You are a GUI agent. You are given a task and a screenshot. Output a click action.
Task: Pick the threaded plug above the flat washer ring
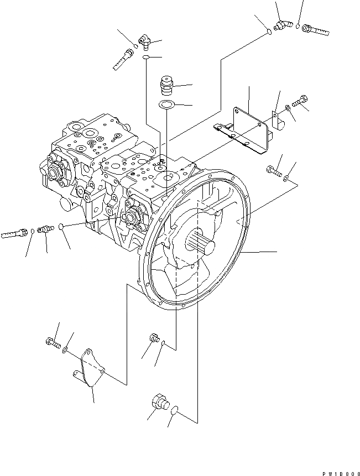[x=165, y=85]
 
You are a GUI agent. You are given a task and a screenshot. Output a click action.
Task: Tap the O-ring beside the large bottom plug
[x=175, y=410]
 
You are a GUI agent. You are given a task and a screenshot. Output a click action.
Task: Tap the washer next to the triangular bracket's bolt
[x=66, y=349]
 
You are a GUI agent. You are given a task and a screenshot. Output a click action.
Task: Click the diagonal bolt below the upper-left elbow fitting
[x=123, y=59]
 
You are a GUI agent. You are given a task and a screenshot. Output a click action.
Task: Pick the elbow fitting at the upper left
[x=144, y=40]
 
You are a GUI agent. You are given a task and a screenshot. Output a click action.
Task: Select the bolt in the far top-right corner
[x=314, y=28]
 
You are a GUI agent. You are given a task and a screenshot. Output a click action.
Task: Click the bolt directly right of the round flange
[x=273, y=172]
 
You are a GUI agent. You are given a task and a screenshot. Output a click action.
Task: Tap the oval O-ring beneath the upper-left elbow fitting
[x=145, y=57]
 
